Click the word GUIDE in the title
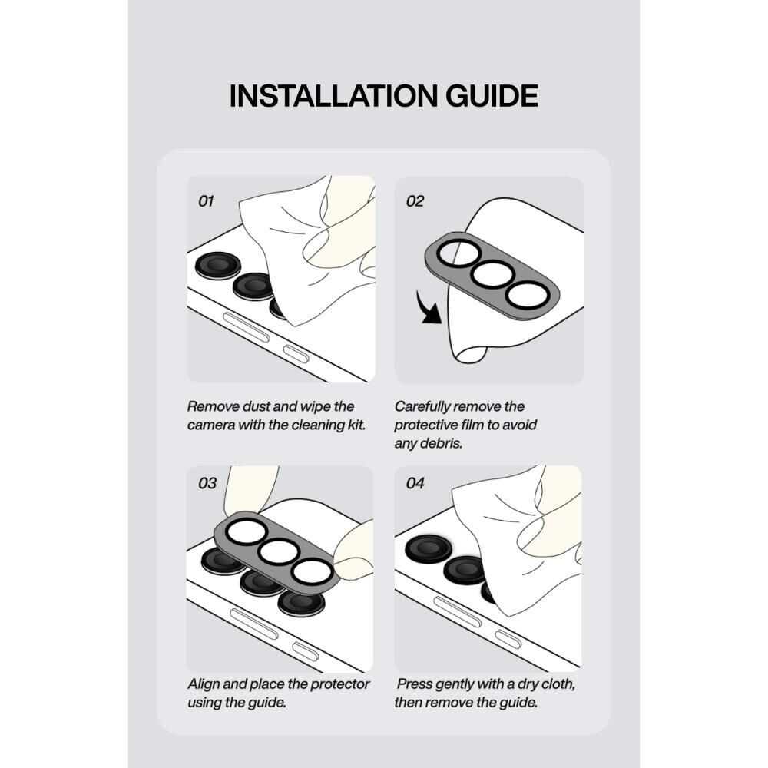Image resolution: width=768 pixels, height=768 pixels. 492,96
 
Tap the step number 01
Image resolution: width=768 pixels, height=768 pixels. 206,201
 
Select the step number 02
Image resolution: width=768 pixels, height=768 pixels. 415,201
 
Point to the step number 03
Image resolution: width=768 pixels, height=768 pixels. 207,483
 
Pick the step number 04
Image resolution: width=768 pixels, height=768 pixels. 415,483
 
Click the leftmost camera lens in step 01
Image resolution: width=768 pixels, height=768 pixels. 218,266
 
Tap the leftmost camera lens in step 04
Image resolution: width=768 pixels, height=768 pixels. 428,548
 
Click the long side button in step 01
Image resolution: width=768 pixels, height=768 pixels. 247,326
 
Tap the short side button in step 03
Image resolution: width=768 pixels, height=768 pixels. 306,651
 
